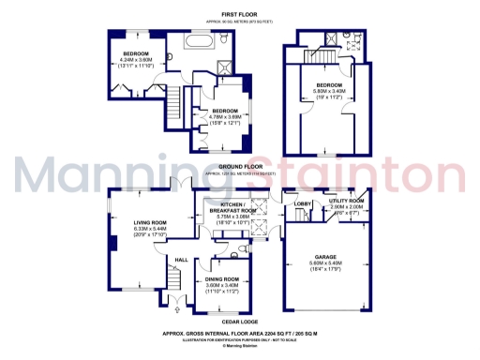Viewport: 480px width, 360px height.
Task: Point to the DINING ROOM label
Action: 223,279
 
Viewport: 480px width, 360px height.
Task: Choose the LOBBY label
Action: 302,202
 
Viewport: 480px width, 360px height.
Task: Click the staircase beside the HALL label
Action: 172,278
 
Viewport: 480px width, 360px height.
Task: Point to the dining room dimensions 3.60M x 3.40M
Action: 223,287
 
